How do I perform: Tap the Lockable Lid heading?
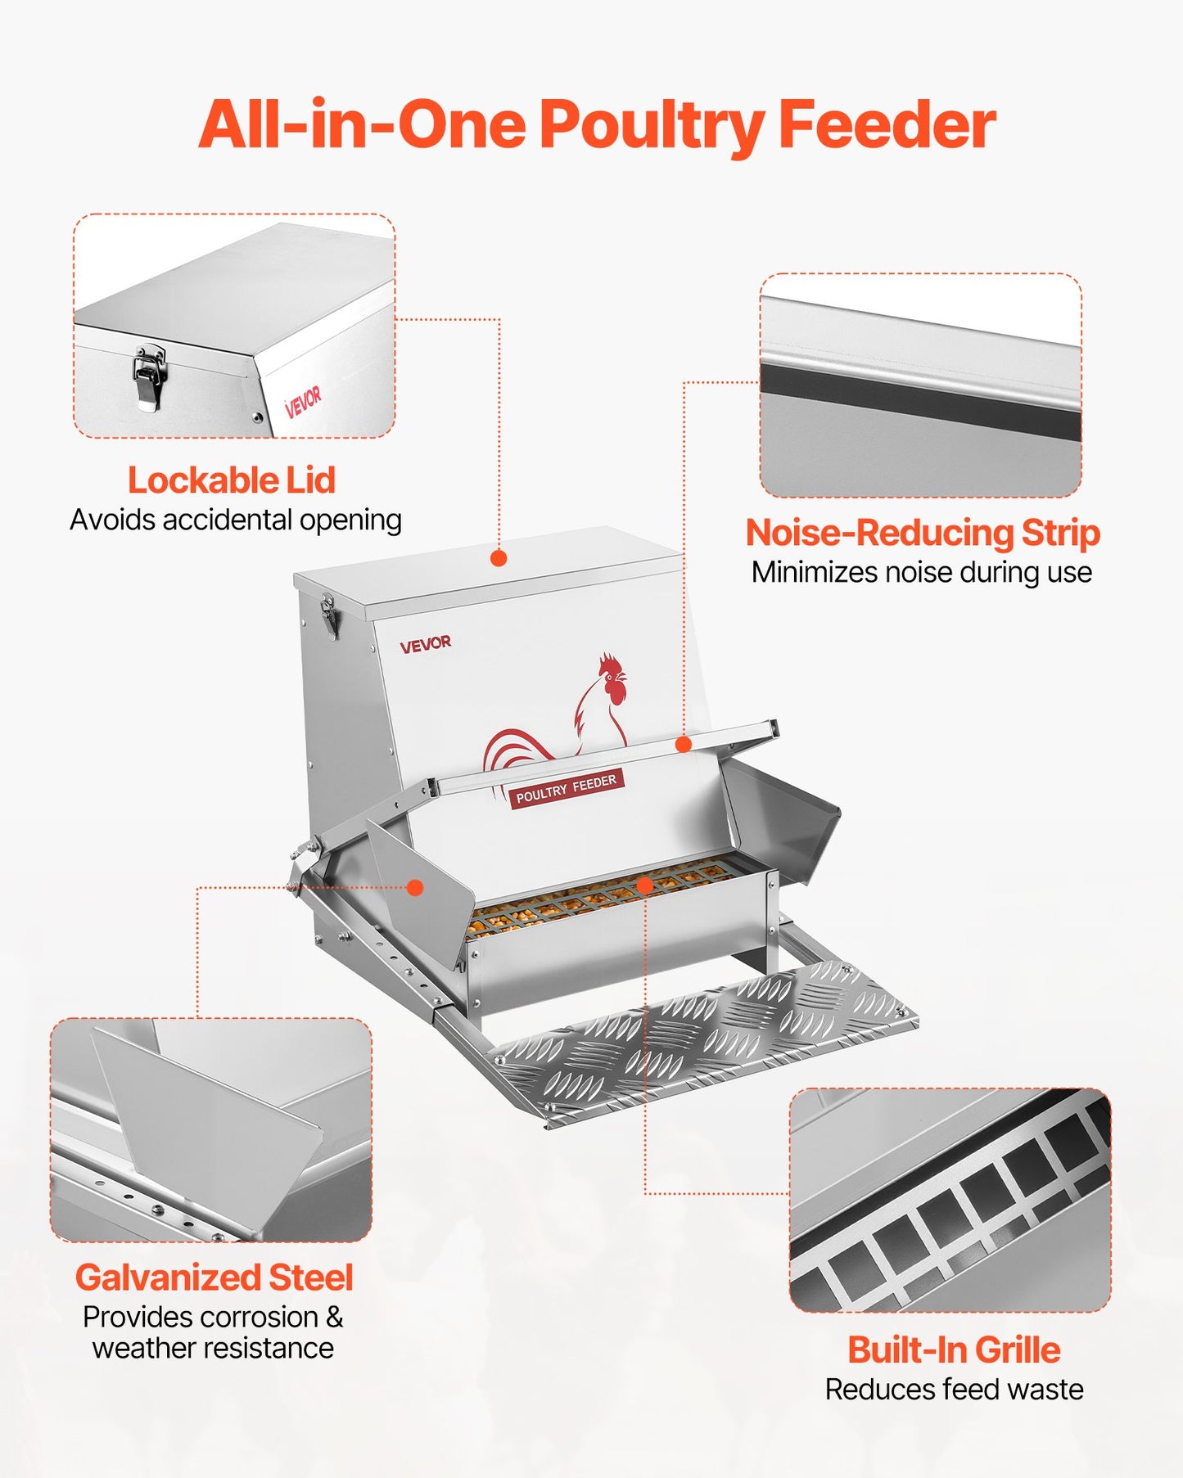(232, 480)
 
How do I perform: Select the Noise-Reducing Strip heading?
(922, 533)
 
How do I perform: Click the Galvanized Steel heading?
(214, 1277)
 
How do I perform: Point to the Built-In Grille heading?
(954, 1350)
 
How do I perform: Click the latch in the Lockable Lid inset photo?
(149, 376)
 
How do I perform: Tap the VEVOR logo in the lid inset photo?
(303, 400)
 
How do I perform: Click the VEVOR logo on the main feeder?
(425, 645)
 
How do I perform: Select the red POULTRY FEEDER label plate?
(566, 788)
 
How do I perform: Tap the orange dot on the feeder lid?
(499, 558)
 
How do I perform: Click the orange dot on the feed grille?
(644, 885)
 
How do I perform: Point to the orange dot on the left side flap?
(415, 887)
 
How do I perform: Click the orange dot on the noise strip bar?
(684, 744)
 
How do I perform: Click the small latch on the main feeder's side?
(330, 615)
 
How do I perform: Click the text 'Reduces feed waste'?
(954, 1390)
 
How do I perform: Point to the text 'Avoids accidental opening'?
(236, 520)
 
